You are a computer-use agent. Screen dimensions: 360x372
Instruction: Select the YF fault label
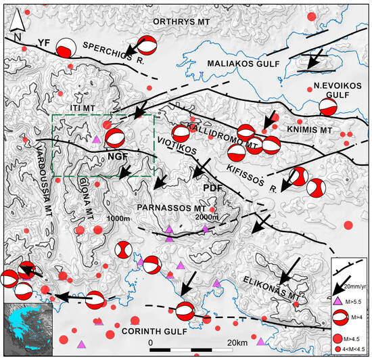(45, 41)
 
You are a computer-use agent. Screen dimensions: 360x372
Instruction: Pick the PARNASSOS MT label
(172, 206)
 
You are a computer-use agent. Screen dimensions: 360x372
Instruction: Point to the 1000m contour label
(118, 219)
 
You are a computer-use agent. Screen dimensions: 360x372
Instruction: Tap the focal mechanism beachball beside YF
(66, 48)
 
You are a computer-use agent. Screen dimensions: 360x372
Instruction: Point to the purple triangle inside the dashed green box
(97, 139)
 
